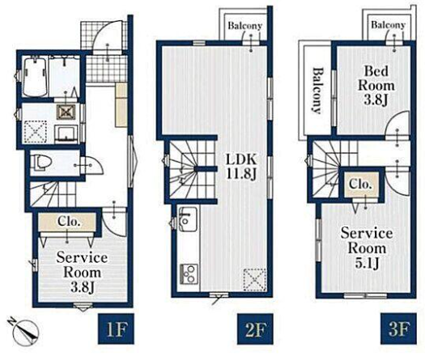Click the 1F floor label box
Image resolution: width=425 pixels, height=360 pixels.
(x=116, y=328)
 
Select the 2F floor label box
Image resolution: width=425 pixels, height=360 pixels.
(x=255, y=328)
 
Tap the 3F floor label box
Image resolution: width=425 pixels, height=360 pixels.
(x=398, y=328)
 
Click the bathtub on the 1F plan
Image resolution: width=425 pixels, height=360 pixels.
(x=34, y=77)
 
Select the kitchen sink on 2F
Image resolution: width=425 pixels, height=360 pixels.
(x=188, y=219)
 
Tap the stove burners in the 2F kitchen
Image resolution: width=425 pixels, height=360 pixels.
(x=189, y=274)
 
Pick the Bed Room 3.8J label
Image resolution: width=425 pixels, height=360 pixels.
(x=376, y=85)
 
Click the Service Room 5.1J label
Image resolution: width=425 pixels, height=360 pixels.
(x=367, y=248)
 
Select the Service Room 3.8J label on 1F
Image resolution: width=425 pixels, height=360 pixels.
(x=82, y=273)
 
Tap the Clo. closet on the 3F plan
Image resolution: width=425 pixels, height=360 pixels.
(x=359, y=184)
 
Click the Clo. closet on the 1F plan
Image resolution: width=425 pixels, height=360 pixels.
(x=67, y=222)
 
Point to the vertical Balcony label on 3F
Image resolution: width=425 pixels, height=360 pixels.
(x=317, y=91)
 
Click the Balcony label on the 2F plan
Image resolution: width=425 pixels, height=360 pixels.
(x=244, y=25)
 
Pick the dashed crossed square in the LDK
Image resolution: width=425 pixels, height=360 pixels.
(x=254, y=279)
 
